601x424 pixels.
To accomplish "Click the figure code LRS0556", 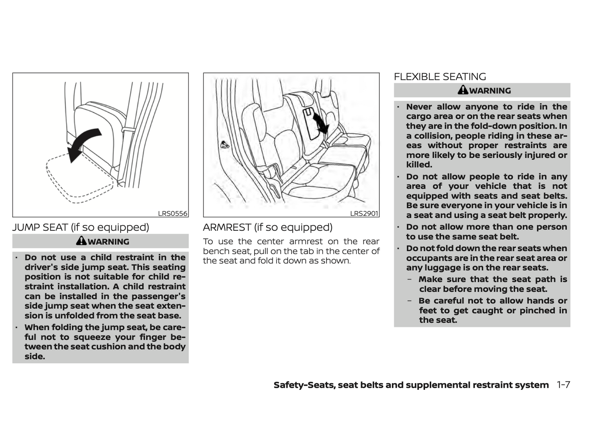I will click(173, 214).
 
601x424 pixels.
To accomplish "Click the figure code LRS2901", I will click(364, 214).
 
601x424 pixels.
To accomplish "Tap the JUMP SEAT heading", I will click(81, 227).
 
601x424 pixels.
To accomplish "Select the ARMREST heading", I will click(267, 227).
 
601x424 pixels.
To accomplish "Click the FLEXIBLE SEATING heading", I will click(440, 77).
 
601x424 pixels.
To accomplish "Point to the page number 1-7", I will click(563, 385).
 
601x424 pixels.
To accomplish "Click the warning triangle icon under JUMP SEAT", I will click(82, 241).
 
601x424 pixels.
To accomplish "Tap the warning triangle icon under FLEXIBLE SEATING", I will click(463, 90).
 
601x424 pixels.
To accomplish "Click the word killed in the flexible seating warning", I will click(419, 165).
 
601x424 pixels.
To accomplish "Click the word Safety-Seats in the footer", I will click(304, 385).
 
